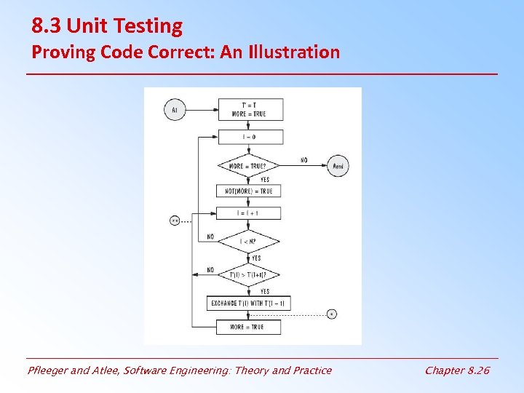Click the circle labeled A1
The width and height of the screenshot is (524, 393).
pos(174,111)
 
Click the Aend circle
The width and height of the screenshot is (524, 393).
pos(337,166)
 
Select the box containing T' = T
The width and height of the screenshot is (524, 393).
pos(249,109)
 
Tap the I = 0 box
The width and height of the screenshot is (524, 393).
pos(249,137)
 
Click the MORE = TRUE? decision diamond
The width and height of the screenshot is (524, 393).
pos(249,166)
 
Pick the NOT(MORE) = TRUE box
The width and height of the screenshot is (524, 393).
pos(249,191)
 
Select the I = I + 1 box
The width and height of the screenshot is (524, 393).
pos(249,213)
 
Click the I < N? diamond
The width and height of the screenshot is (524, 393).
pos(249,241)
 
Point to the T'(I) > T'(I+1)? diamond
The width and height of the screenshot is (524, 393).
pos(249,274)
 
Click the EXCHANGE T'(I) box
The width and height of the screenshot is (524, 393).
pos(249,303)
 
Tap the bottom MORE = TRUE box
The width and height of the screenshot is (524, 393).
pos(249,327)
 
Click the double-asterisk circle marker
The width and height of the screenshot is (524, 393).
pos(175,220)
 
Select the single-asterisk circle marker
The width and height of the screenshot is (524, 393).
pos(331,314)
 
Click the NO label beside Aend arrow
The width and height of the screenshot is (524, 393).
pos(303,160)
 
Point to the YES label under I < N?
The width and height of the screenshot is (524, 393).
pos(256,258)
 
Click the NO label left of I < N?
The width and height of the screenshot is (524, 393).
pos(210,237)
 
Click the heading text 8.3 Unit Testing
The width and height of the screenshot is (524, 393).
pos(107,27)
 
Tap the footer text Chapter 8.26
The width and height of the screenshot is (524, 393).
pos(457,370)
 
